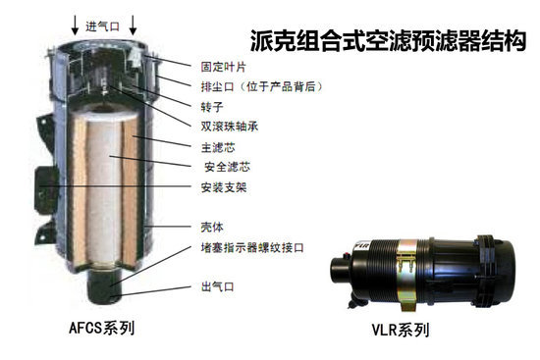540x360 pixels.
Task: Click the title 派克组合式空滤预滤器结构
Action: (388, 41)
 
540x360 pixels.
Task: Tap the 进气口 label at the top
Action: (103, 26)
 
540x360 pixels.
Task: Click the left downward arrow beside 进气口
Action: (75, 26)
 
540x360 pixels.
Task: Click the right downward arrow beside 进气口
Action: (133, 26)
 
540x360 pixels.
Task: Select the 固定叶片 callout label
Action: (224, 67)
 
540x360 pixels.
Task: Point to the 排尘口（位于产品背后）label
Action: (262, 86)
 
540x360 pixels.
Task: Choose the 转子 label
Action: (212, 107)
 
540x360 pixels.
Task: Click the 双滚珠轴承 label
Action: (230, 127)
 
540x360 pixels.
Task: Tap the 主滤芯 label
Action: (218, 148)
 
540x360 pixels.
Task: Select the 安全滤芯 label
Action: (228, 167)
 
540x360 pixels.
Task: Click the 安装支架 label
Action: (224, 187)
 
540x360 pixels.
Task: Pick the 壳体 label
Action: (212, 228)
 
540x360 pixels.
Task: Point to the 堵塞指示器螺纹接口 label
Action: (252, 247)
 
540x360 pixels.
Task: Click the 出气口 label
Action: (218, 286)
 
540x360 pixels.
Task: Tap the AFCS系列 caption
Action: (102, 328)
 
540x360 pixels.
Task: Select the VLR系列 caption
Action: (401, 330)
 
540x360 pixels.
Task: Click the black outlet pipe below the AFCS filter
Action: (104, 285)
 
